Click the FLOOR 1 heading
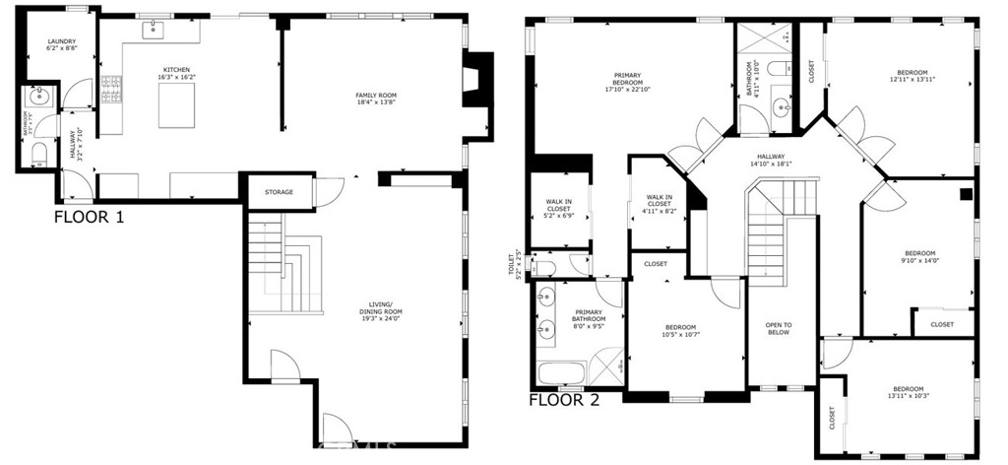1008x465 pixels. point(89,217)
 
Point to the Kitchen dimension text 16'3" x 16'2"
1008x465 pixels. point(177,77)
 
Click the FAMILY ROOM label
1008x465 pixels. point(376,95)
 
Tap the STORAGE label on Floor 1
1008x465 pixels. point(279,192)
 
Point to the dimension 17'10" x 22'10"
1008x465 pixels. point(627,90)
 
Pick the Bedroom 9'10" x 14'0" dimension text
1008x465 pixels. point(920,260)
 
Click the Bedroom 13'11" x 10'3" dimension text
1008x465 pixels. point(908,396)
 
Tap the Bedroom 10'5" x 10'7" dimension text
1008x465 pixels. point(680,334)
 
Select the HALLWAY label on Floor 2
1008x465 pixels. point(771,157)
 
